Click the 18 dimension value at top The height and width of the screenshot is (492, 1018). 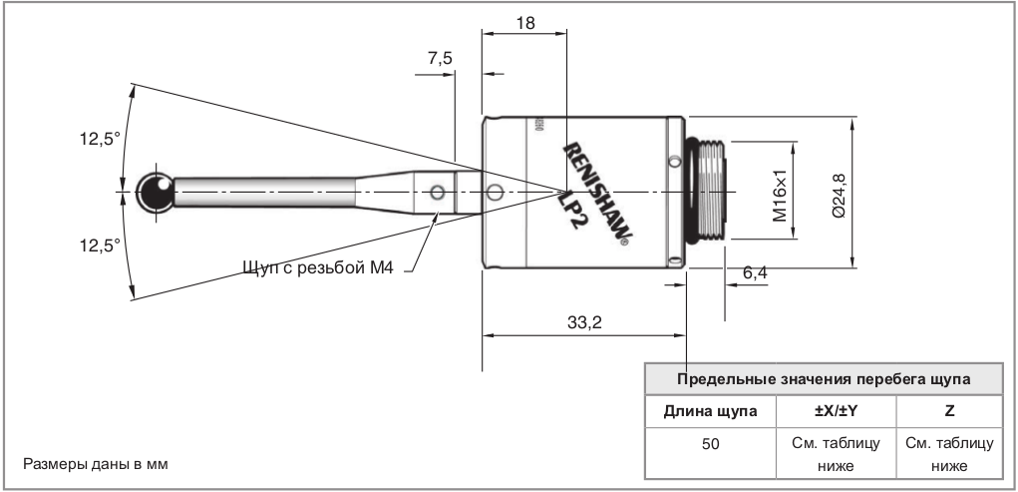point(524,22)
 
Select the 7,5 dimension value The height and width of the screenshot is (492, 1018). point(439,59)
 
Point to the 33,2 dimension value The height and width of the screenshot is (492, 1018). point(585,321)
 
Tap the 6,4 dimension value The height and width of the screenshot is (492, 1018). point(756,271)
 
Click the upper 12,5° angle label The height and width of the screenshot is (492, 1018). point(100,139)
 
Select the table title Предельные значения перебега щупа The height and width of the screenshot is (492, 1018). point(824,379)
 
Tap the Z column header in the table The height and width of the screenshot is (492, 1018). point(948,410)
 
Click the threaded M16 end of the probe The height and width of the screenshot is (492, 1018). point(709,190)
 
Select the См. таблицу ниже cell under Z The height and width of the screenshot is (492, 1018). point(948,452)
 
